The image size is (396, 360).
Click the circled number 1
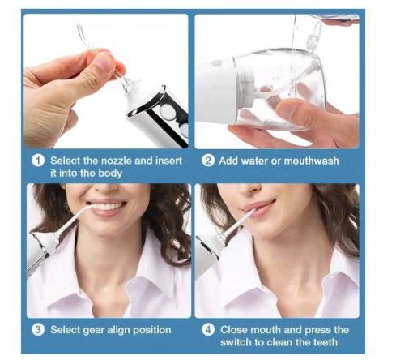(x=38, y=161)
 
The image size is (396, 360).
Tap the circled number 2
(x=208, y=161)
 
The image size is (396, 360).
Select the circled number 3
(x=38, y=330)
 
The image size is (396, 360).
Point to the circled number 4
(x=208, y=330)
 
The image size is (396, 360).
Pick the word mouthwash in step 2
(x=311, y=161)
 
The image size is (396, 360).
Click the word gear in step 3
(x=94, y=331)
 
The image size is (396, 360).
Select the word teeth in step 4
(x=325, y=342)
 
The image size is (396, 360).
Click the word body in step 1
(x=110, y=174)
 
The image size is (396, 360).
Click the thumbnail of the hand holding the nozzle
(x=106, y=81)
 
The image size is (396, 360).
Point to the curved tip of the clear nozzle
(x=80, y=30)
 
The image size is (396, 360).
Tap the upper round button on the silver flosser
(x=167, y=112)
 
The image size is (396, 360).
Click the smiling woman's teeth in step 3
(x=107, y=207)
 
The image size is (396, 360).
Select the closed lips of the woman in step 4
(x=258, y=208)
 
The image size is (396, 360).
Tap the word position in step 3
(x=152, y=330)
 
